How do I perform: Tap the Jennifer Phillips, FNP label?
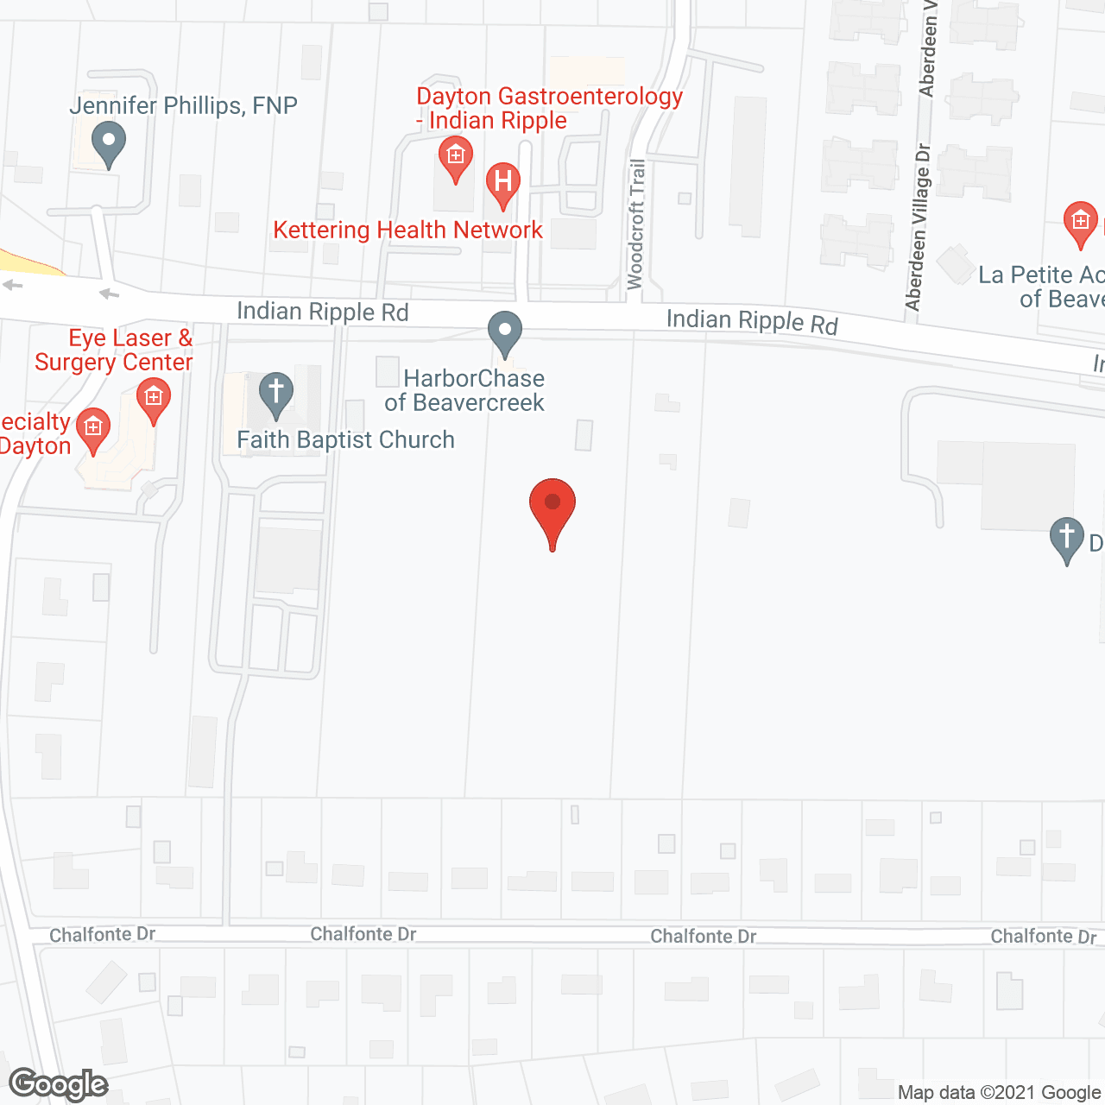point(183,106)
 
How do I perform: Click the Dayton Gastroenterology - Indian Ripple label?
point(549,109)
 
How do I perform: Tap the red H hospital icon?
point(502,184)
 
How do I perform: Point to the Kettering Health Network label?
point(407,230)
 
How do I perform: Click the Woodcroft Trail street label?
point(636,224)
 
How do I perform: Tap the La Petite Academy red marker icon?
point(1080,224)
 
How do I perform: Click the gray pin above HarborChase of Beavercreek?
point(505,333)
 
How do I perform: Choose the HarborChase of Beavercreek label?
point(465,390)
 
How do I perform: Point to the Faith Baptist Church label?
point(345,440)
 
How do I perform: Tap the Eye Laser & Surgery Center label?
point(114,350)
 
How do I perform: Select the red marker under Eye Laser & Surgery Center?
point(154,400)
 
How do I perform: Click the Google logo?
point(58,1084)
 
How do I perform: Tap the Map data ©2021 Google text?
point(1000,1093)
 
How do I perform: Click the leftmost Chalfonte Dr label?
point(102,935)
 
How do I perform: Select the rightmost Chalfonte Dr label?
point(1043,937)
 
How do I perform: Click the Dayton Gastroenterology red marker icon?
point(455,158)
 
